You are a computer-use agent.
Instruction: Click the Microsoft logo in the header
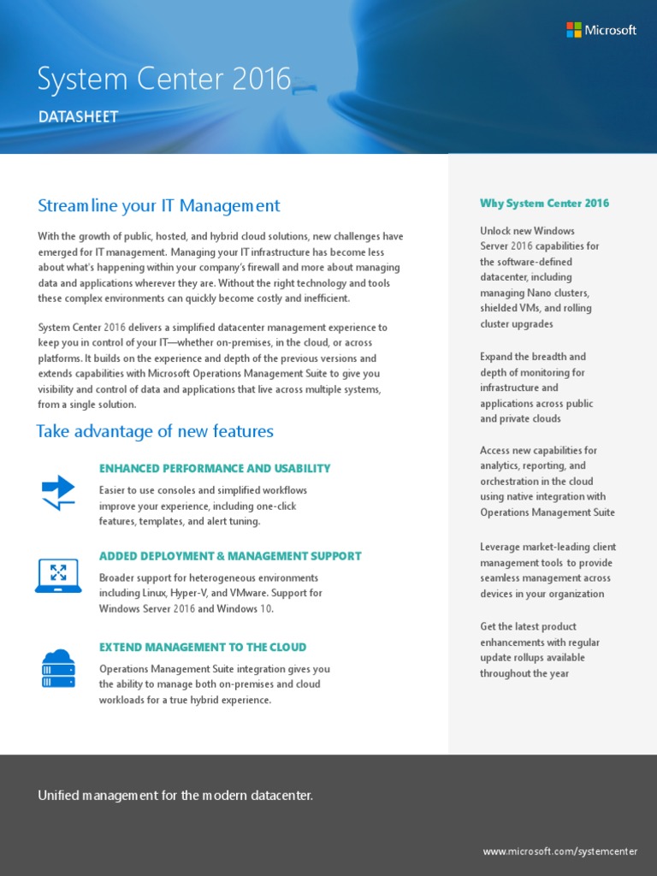pyautogui.click(x=601, y=30)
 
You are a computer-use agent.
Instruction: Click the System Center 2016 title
pyautogui.click(x=164, y=80)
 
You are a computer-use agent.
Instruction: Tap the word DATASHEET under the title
pyautogui.click(x=78, y=117)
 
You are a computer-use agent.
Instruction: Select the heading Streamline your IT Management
pyautogui.click(x=159, y=205)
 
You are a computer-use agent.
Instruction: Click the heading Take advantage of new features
pyautogui.click(x=155, y=431)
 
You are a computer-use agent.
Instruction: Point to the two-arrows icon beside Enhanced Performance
pyautogui.click(x=59, y=493)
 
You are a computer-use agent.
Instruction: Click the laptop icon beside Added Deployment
pyautogui.click(x=59, y=576)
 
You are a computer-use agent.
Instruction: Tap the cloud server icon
pyautogui.click(x=59, y=668)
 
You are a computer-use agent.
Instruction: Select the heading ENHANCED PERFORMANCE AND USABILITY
pyautogui.click(x=215, y=469)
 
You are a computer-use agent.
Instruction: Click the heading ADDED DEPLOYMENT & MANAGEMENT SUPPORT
pyautogui.click(x=230, y=556)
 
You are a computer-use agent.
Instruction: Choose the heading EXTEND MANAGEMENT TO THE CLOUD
pyautogui.click(x=203, y=648)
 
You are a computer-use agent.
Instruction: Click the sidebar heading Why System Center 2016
pyautogui.click(x=545, y=204)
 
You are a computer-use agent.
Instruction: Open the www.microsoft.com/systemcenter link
pyautogui.click(x=559, y=851)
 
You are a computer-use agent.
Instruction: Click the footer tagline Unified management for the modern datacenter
pyautogui.click(x=175, y=796)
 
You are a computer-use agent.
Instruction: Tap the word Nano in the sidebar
pyautogui.click(x=547, y=293)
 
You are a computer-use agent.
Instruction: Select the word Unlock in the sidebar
pyautogui.click(x=496, y=230)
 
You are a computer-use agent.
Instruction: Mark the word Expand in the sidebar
pyautogui.click(x=497, y=357)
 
